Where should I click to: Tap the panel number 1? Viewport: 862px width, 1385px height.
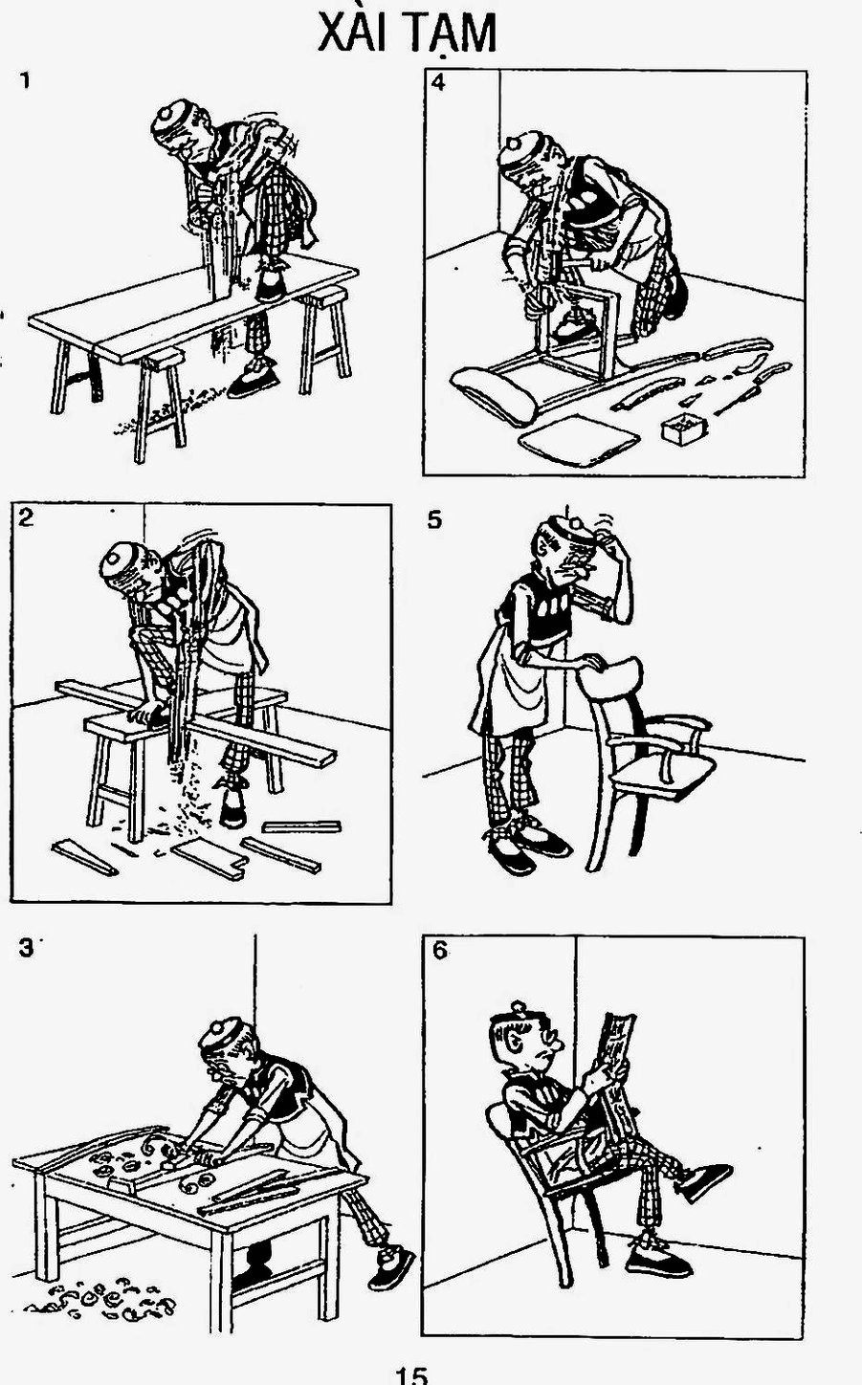coord(25,81)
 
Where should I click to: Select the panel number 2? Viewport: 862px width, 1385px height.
coord(26,518)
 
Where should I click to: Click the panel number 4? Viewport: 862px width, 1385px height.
coord(438,82)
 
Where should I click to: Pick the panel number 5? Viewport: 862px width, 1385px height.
coord(435,521)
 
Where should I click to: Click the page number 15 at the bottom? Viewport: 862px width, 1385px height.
coord(412,1374)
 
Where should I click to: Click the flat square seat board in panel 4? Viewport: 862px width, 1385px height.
coord(578,441)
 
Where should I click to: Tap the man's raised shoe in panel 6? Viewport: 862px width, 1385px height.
coord(706,1180)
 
